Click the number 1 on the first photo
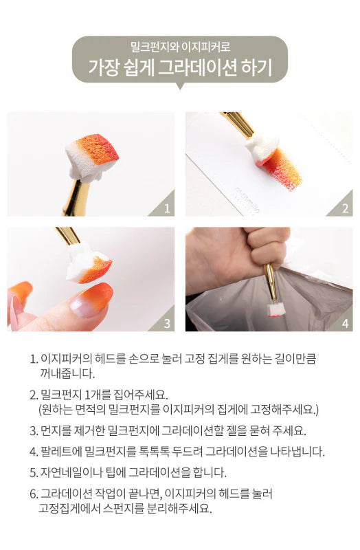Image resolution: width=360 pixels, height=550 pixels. coord(167,209)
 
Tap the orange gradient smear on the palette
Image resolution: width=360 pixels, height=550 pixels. coord(283,169)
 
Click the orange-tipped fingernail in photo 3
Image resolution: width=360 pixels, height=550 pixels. coord(92,300)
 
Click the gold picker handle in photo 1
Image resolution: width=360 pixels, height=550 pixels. coord(74,198)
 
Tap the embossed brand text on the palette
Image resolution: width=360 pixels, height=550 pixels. coord(247,201)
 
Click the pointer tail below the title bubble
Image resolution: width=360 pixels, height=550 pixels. coord(180,86)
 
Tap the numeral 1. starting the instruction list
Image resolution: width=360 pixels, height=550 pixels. coord(34,359)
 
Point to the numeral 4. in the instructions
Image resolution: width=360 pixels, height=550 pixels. coord(34,452)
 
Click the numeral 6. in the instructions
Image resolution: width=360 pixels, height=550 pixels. coord(34,494)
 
